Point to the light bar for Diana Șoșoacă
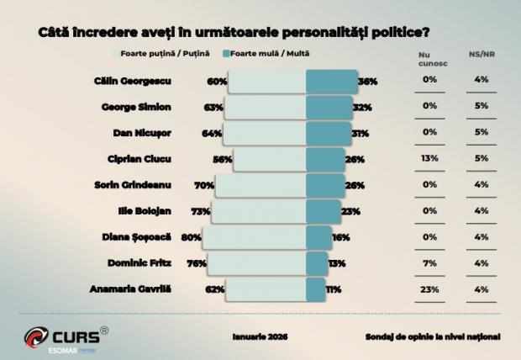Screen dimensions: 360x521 [253, 237]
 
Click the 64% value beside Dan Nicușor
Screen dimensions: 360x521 [212, 133]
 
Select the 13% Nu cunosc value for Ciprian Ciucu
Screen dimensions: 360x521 [429, 158]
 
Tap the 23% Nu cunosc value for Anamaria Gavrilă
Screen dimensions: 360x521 [429, 289]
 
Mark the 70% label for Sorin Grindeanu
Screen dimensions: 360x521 [204, 185]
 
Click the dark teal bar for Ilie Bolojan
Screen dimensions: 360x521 [323, 211]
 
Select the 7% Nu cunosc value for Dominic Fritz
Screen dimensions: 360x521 [429, 263]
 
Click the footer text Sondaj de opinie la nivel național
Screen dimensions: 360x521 [433, 336]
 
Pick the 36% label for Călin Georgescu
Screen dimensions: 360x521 [367, 82]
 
